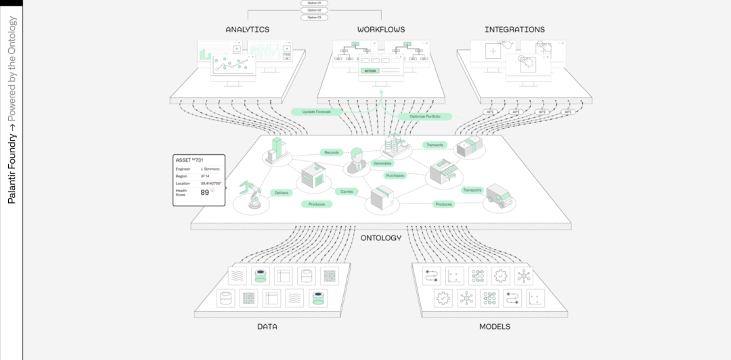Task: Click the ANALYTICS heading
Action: pyautogui.click(x=247, y=30)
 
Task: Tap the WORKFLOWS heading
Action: pyautogui.click(x=381, y=30)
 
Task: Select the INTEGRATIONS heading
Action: pyautogui.click(x=514, y=30)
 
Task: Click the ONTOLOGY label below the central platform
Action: pyautogui.click(x=380, y=238)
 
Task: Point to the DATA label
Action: pyautogui.click(x=267, y=327)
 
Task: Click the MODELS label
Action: pyautogui.click(x=494, y=327)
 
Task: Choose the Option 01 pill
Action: pyautogui.click(x=314, y=3)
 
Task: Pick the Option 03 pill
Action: pyautogui.click(x=314, y=17)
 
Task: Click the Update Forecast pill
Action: pyautogui.click(x=317, y=111)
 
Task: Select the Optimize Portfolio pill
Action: pyautogui.click(x=425, y=116)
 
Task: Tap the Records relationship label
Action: pyautogui.click(x=332, y=152)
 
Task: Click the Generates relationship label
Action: pyautogui.click(x=382, y=163)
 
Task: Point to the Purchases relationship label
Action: pyautogui.click(x=395, y=175)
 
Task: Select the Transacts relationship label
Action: pyautogui.click(x=433, y=145)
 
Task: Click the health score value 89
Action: pyautogui.click(x=204, y=193)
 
